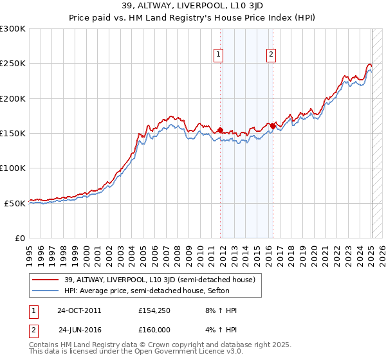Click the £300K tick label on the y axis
(13, 29)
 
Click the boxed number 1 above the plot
(219, 55)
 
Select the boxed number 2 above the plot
(271, 55)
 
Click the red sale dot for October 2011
(220, 130)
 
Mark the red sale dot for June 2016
(273, 126)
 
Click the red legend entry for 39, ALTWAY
(160, 280)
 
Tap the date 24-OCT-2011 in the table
(79, 310)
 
